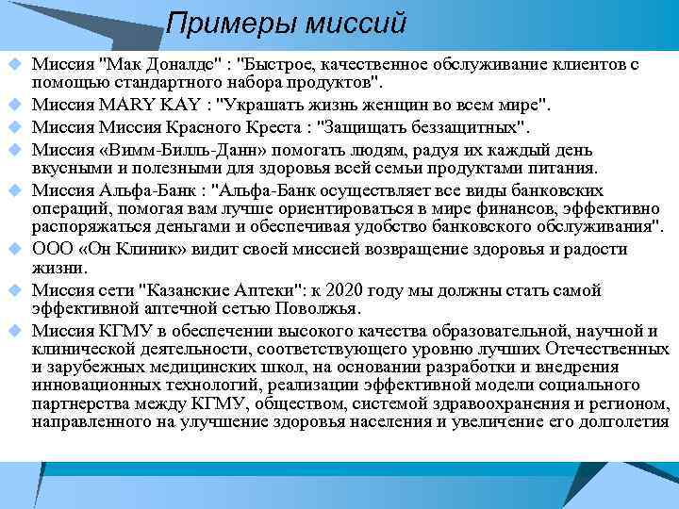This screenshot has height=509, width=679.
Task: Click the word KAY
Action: tap(177, 104)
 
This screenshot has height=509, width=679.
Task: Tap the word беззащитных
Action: tap(461, 125)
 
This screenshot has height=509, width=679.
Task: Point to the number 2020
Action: tap(339, 289)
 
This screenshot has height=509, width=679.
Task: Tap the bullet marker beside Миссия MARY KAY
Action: tap(14, 104)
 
